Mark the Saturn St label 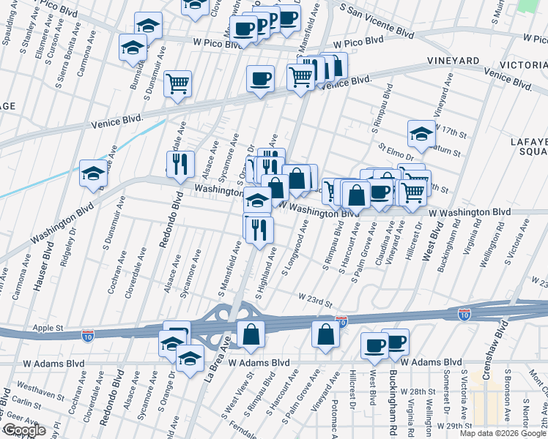[447, 153]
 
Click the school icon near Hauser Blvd [93, 173]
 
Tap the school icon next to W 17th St [421, 133]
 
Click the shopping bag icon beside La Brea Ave [251, 333]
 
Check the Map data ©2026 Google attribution [502, 433]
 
